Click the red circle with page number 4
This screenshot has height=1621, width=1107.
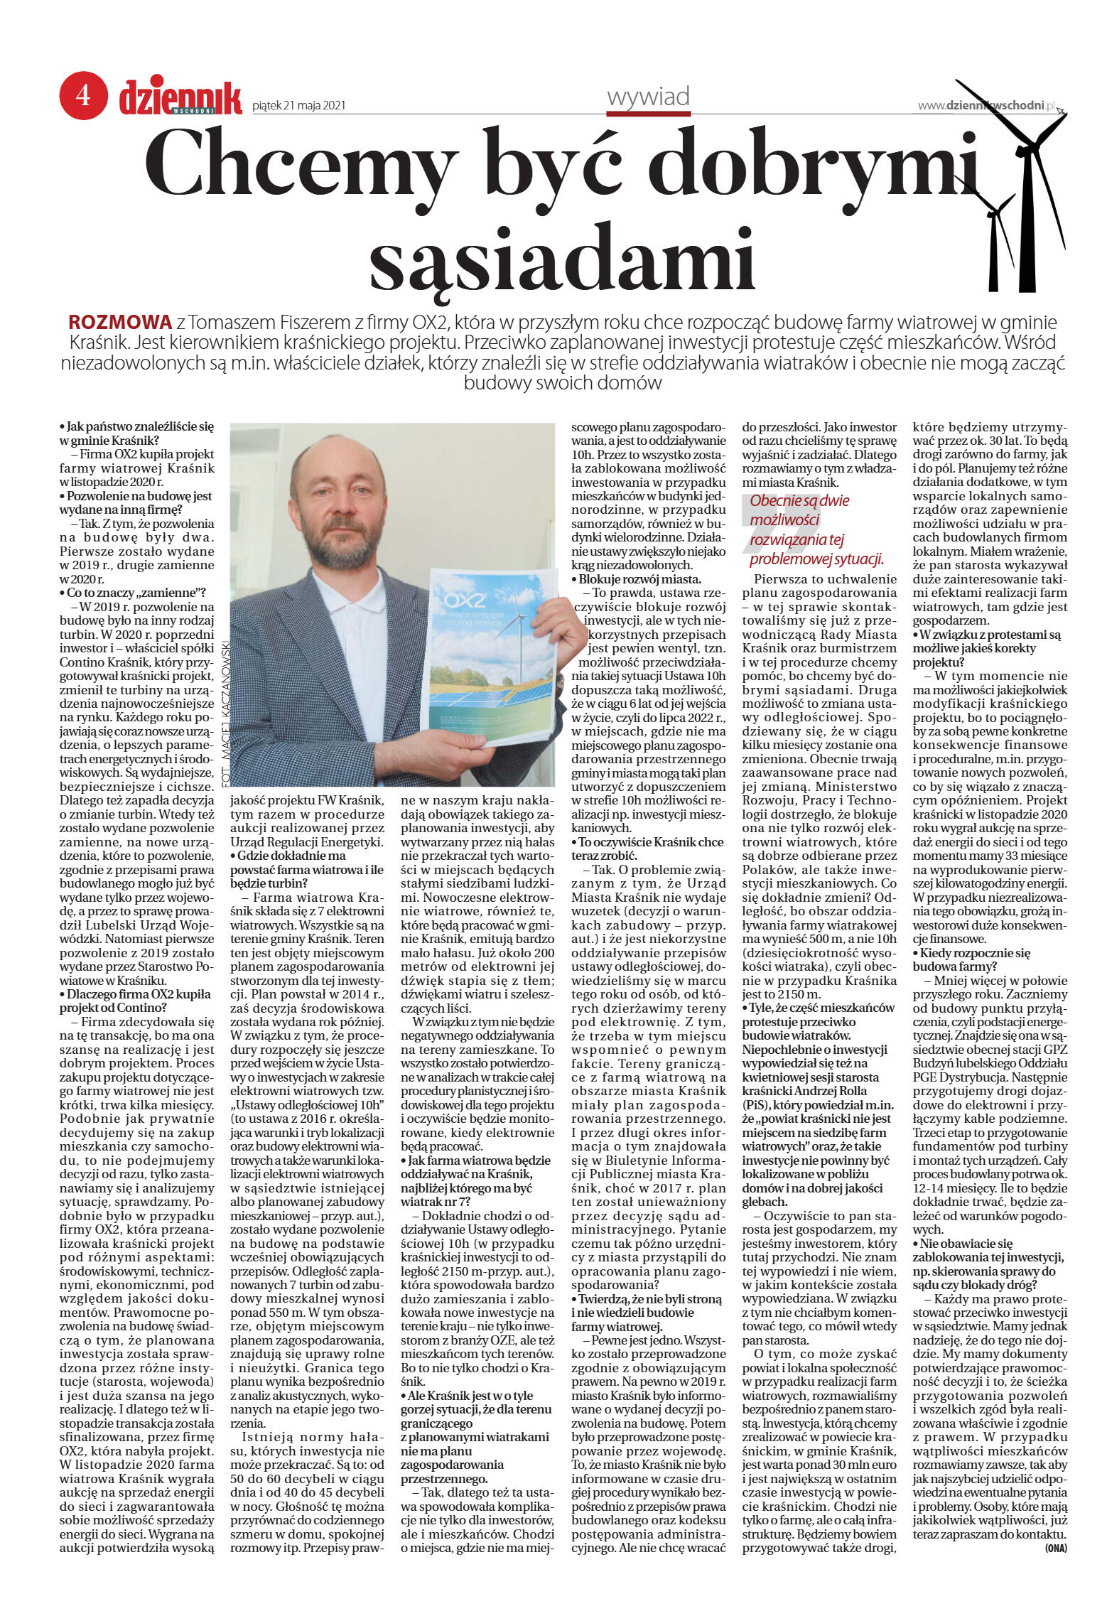click(83, 95)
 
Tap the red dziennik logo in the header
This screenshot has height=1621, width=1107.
click(180, 98)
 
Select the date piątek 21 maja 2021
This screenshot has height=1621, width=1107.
click(298, 106)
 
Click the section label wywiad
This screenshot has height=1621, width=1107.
click(648, 97)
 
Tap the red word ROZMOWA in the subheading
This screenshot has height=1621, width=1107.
click(120, 321)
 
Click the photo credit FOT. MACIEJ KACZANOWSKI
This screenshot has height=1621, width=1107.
click(226, 711)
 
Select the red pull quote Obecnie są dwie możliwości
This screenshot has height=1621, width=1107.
click(816, 529)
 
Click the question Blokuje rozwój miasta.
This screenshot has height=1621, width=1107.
click(639, 579)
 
